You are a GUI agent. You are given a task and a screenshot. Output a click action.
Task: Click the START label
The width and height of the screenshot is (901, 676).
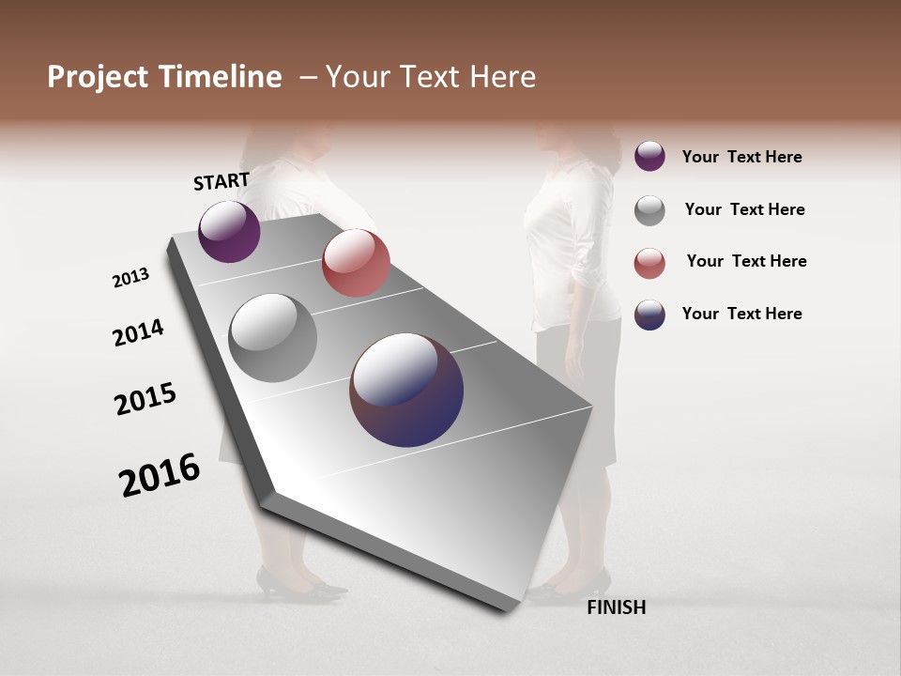pyautogui.click(x=221, y=181)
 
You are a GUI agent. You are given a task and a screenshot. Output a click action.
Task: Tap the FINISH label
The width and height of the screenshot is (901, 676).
pyautogui.click(x=617, y=607)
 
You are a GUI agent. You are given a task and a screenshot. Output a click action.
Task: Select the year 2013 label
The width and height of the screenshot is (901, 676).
pyautogui.click(x=130, y=278)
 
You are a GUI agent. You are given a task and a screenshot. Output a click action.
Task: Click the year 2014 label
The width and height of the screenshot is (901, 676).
pyautogui.click(x=138, y=332)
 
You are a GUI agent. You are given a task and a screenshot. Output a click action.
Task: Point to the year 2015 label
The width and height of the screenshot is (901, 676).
pyautogui.click(x=145, y=398)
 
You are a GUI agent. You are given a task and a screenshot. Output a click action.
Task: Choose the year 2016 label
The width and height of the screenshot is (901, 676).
pyautogui.click(x=160, y=475)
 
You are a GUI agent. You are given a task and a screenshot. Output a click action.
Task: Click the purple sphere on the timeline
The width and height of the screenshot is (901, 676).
pyautogui.click(x=229, y=231)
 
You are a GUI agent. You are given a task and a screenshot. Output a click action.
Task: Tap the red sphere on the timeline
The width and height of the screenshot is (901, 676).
pyautogui.click(x=356, y=263)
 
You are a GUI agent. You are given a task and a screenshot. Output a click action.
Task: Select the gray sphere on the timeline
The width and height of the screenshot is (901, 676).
pyautogui.click(x=272, y=338)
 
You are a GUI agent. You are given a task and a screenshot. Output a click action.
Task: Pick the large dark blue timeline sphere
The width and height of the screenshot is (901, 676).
pyautogui.click(x=406, y=390)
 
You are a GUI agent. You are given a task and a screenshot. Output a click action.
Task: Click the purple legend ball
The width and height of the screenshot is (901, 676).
pyautogui.click(x=649, y=157)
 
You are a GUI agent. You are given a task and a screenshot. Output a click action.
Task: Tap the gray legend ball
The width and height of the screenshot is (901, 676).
pyautogui.click(x=649, y=210)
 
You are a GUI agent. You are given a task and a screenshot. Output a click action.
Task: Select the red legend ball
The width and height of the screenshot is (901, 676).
pyautogui.click(x=649, y=263)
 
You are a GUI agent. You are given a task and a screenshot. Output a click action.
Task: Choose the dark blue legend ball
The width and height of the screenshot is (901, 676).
pyautogui.click(x=649, y=315)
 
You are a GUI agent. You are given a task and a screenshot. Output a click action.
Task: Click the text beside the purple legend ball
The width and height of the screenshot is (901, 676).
pyautogui.click(x=741, y=157)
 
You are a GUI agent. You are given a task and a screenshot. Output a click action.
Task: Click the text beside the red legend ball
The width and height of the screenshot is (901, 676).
pyautogui.click(x=746, y=261)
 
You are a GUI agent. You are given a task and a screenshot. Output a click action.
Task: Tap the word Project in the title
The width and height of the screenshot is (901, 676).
pyautogui.click(x=98, y=77)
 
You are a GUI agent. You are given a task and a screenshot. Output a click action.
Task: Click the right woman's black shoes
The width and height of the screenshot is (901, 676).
pyautogui.click(x=563, y=587)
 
